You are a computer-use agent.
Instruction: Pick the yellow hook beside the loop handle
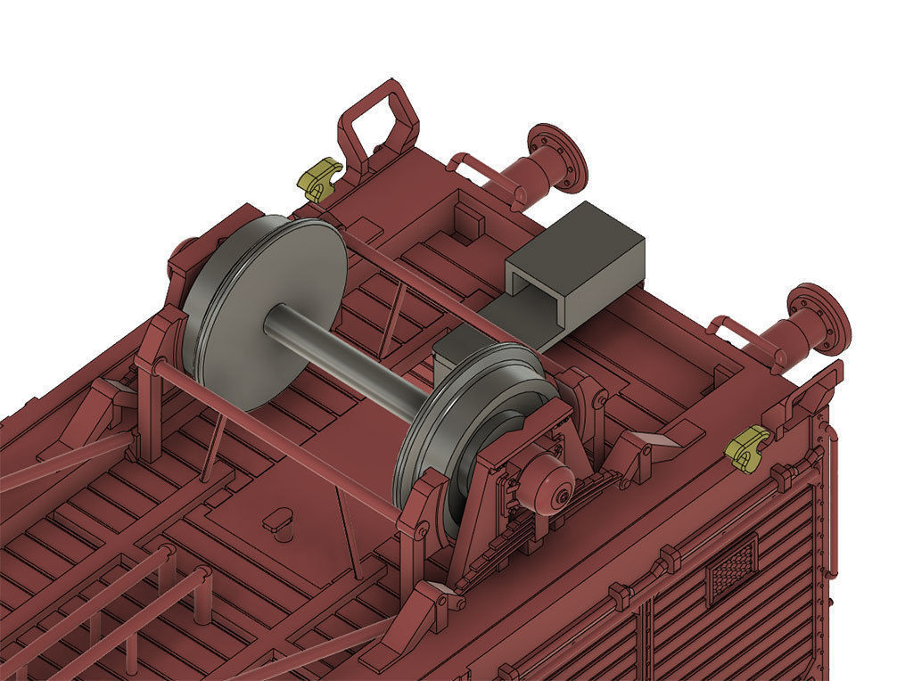318,178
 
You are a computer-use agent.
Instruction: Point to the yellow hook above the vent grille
746,447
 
